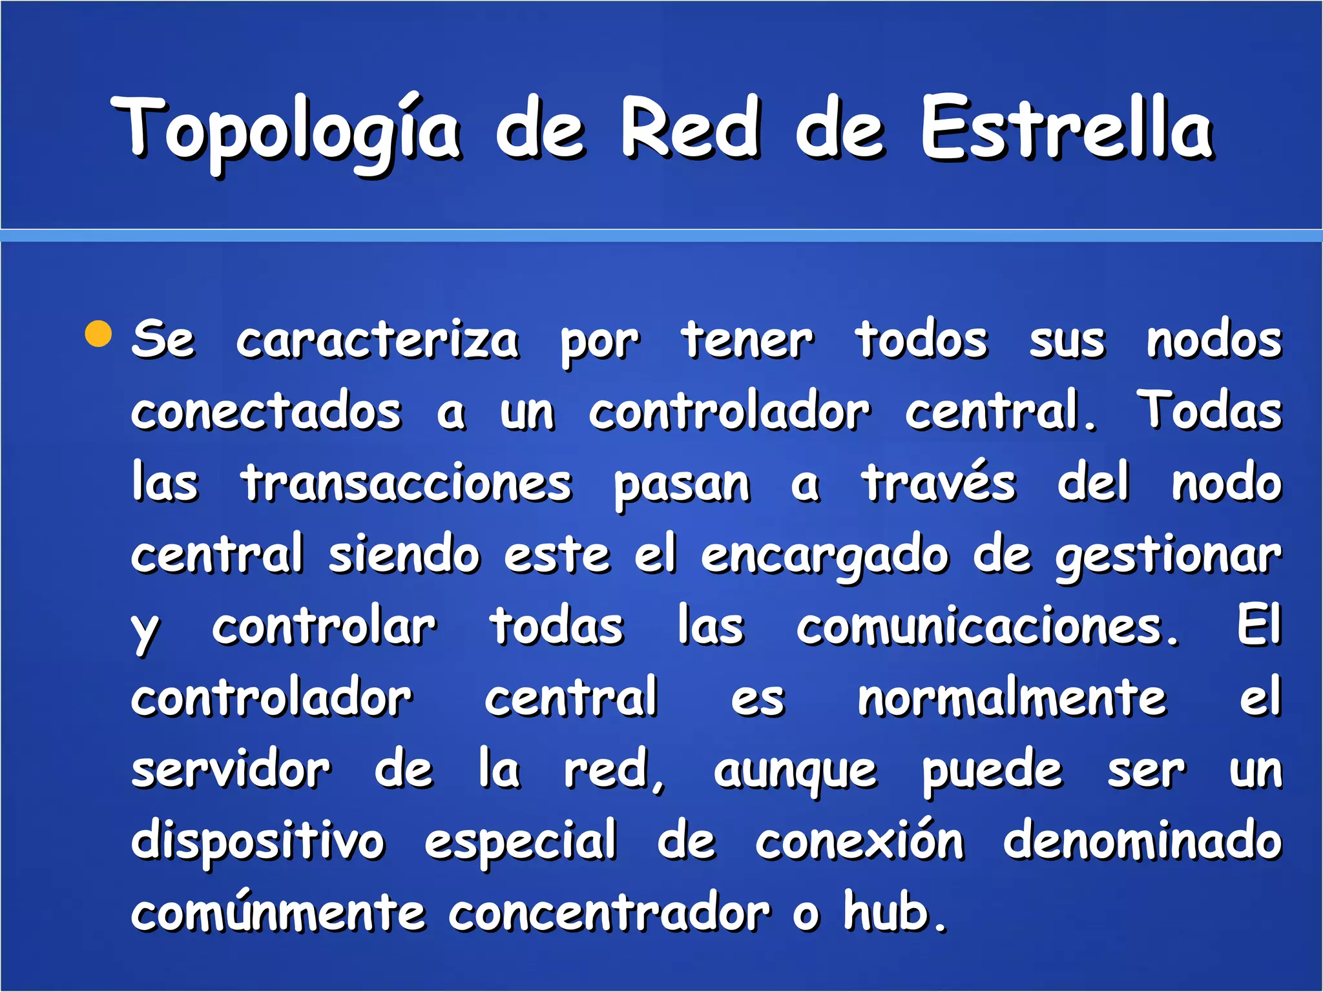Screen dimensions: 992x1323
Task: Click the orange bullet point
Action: point(99,333)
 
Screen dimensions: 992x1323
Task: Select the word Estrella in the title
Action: point(1067,129)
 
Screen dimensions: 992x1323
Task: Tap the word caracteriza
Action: point(377,341)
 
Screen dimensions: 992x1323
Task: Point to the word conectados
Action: point(266,412)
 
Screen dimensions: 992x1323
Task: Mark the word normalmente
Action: point(1012,699)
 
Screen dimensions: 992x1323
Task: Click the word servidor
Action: point(231,770)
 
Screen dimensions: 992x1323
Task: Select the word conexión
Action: point(860,842)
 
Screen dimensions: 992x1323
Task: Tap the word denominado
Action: point(1142,842)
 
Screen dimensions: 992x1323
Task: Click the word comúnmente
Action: point(278,913)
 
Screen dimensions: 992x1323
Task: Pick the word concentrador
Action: point(609,913)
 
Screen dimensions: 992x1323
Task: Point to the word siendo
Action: point(404,555)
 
